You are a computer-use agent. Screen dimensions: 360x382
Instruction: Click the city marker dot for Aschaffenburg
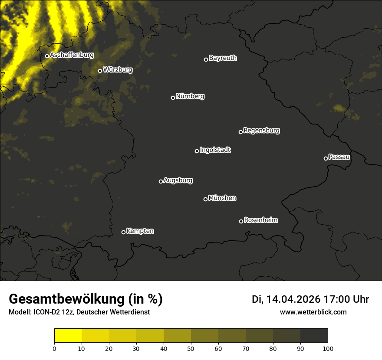pyautogui.click(x=47, y=56)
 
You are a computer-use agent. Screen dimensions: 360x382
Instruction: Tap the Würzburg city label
pyautogui.click(x=118, y=69)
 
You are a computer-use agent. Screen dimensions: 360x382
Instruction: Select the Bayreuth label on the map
pyautogui.click(x=223, y=58)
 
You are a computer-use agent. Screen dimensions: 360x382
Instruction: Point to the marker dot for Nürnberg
pyautogui.click(x=173, y=98)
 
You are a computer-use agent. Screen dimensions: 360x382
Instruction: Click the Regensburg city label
pyautogui.click(x=261, y=130)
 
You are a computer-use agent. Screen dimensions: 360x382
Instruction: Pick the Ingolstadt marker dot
pyautogui.click(x=197, y=151)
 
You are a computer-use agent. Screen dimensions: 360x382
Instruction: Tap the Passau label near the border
pyautogui.click(x=339, y=157)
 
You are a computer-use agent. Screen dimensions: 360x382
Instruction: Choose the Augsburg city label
pyautogui.click(x=178, y=180)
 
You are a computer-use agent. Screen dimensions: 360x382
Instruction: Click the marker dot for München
pyautogui.click(x=205, y=200)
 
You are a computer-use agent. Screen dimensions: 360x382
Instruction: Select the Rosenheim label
pyautogui.click(x=261, y=220)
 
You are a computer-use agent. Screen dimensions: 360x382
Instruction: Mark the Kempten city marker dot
pyautogui.click(x=123, y=232)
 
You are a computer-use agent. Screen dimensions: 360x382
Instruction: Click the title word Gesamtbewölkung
pyautogui.click(x=67, y=299)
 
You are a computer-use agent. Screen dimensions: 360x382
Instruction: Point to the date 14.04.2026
pyautogui.click(x=293, y=299)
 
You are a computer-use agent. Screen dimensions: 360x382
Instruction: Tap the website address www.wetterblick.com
pyautogui.click(x=313, y=312)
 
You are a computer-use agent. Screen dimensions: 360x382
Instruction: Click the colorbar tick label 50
pyautogui.click(x=191, y=348)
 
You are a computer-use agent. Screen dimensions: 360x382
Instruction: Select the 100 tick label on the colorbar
pyautogui.click(x=328, y=348)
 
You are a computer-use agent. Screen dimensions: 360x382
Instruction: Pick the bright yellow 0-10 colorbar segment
pyautogui.click(x=68, y=336)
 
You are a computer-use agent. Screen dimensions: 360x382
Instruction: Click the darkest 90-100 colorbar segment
pyautogui.click(x=314, y=336)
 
